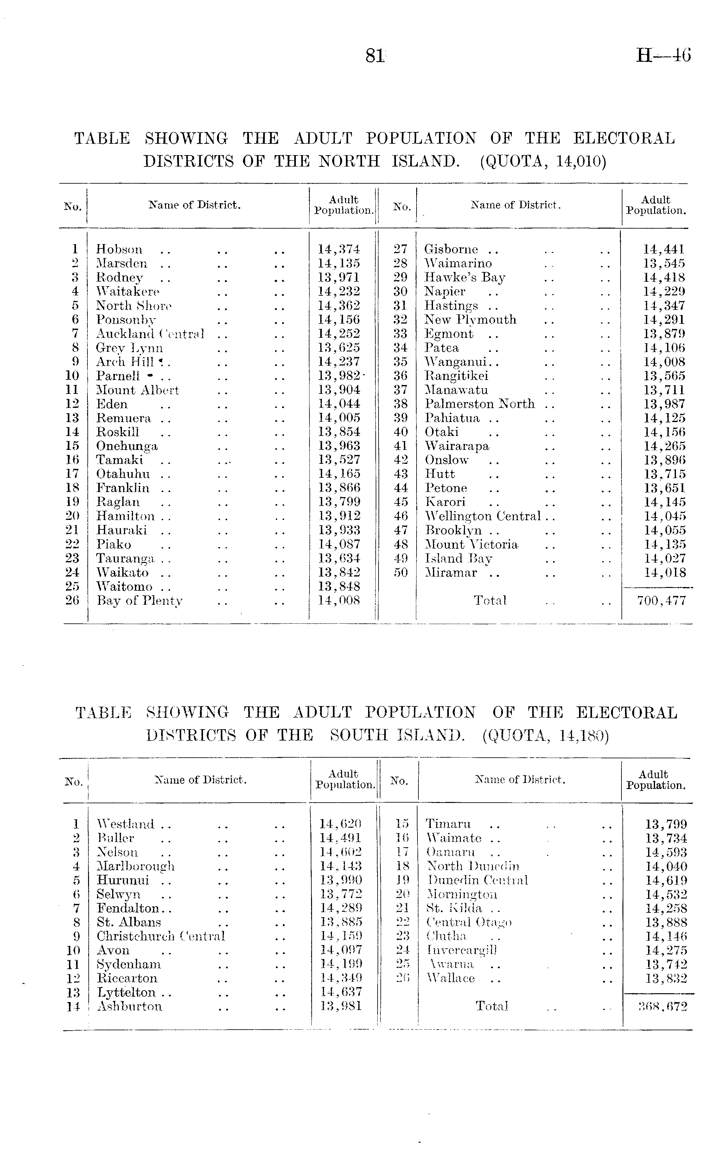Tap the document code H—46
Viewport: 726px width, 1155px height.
coord(663,56)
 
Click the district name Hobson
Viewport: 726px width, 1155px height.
coord(119,249)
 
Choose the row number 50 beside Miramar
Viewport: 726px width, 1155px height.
coord(400,573)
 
